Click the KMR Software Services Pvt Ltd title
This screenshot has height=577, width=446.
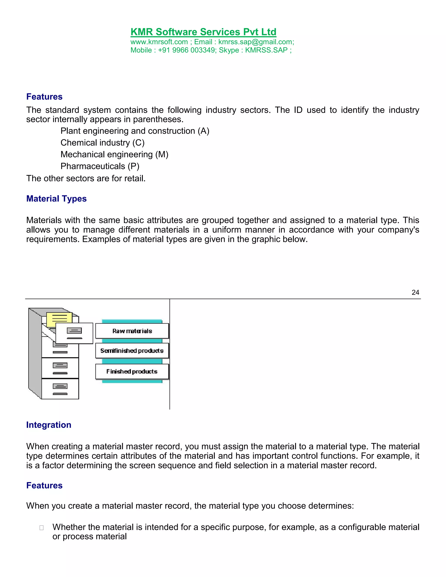(x=203, y=32)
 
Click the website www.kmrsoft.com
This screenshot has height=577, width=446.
(x=159, y=42)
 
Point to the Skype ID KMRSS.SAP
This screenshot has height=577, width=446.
(x=266, y=50)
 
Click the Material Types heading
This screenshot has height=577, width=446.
(x=56, y=199)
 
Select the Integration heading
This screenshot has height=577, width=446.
(x=49, y=425)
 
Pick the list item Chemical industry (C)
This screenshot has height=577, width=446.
(x=103, y=143)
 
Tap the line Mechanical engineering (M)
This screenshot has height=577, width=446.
(x=114, y=154)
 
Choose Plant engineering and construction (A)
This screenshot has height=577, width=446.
(x=135, y=131)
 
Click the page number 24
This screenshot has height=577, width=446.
(x=415, y=292)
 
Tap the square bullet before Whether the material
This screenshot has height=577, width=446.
(x=41, y=528)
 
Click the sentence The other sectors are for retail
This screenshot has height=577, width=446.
(x=86, y=179)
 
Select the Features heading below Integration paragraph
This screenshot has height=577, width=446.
(x=44, y=485)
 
